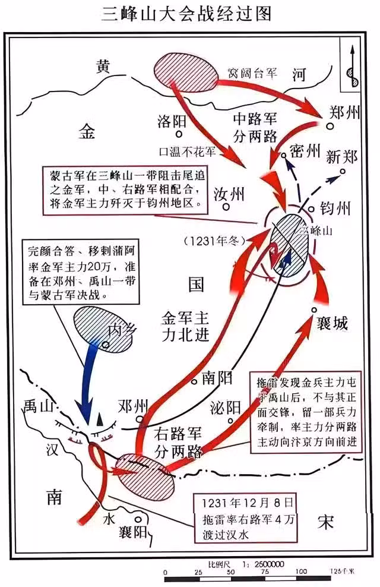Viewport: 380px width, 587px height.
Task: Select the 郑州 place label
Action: click(343, 115)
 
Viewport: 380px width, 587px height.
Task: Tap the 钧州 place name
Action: click(335, 209)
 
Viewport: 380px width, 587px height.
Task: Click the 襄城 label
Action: click(332, 323)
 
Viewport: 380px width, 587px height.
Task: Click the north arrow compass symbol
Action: click(351, 66)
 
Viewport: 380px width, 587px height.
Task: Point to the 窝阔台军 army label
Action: click(252, 72)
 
